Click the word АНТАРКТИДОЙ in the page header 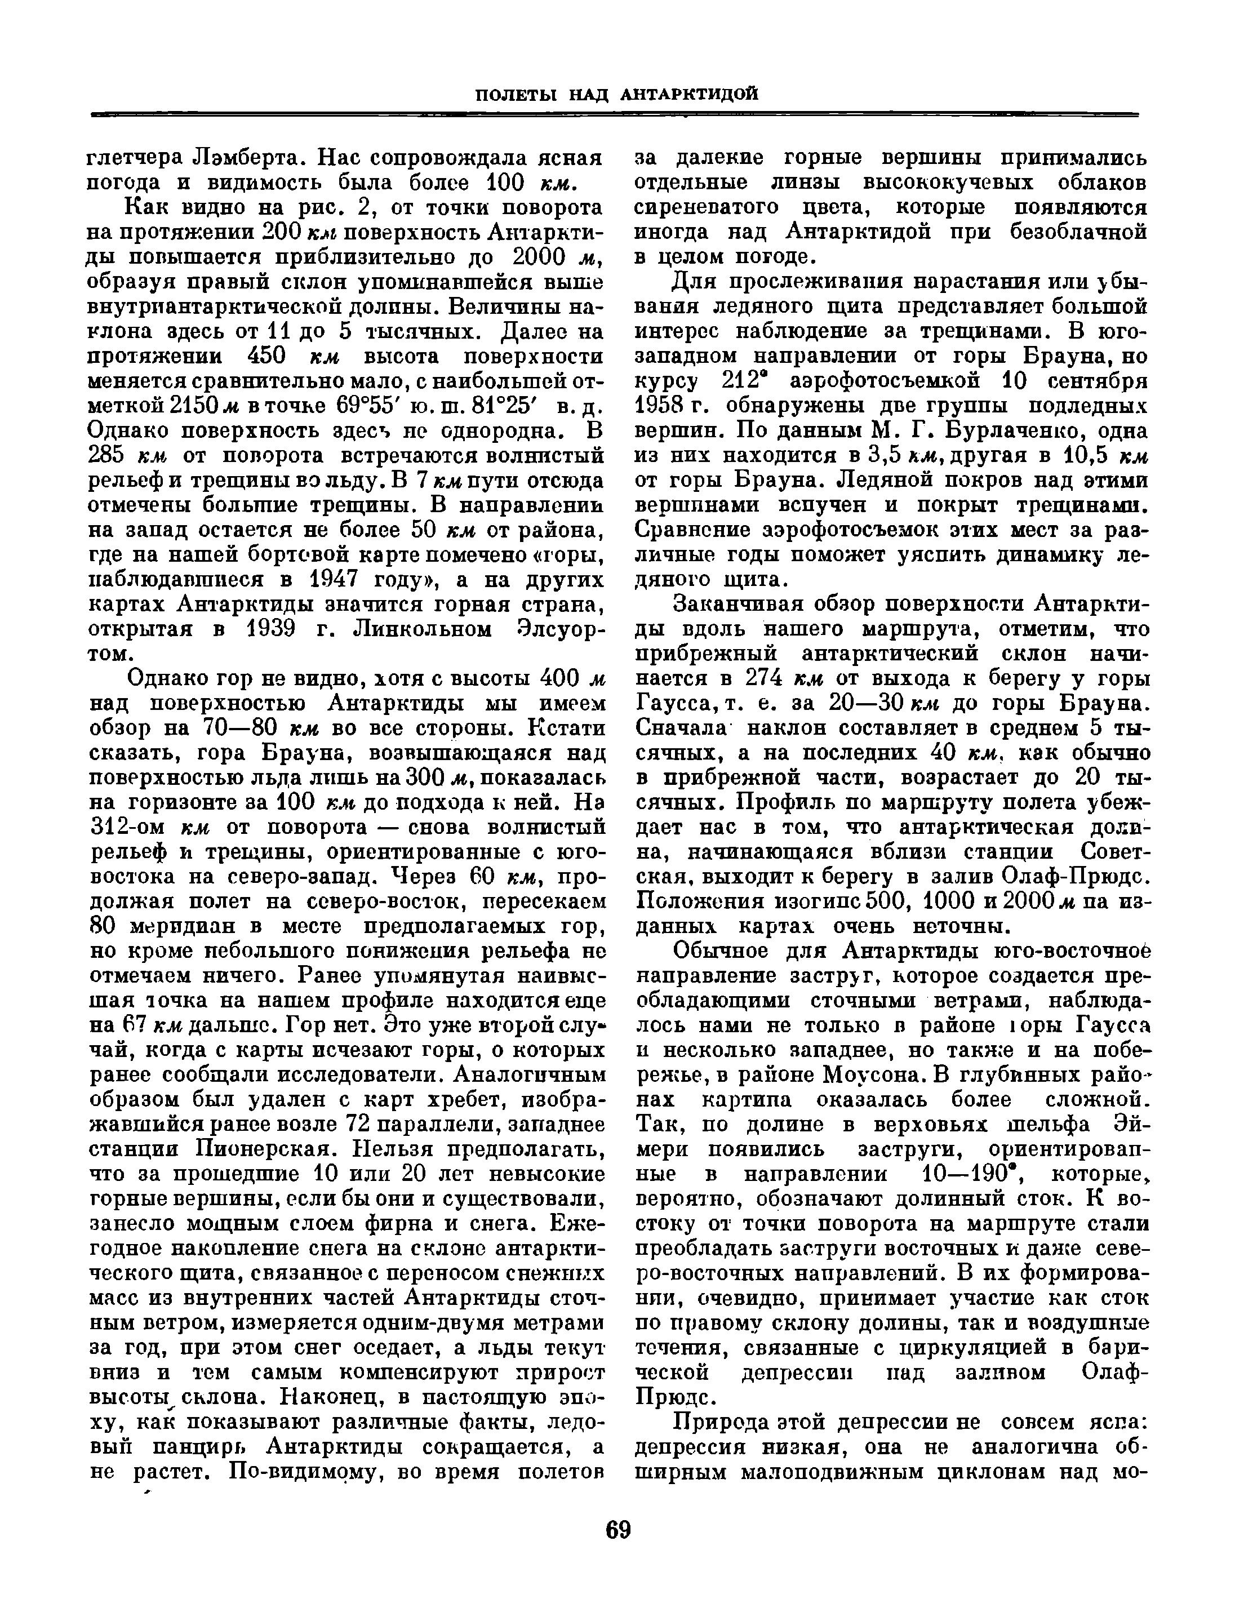click(x=689, y=95)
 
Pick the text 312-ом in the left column click(x=128, y=827)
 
